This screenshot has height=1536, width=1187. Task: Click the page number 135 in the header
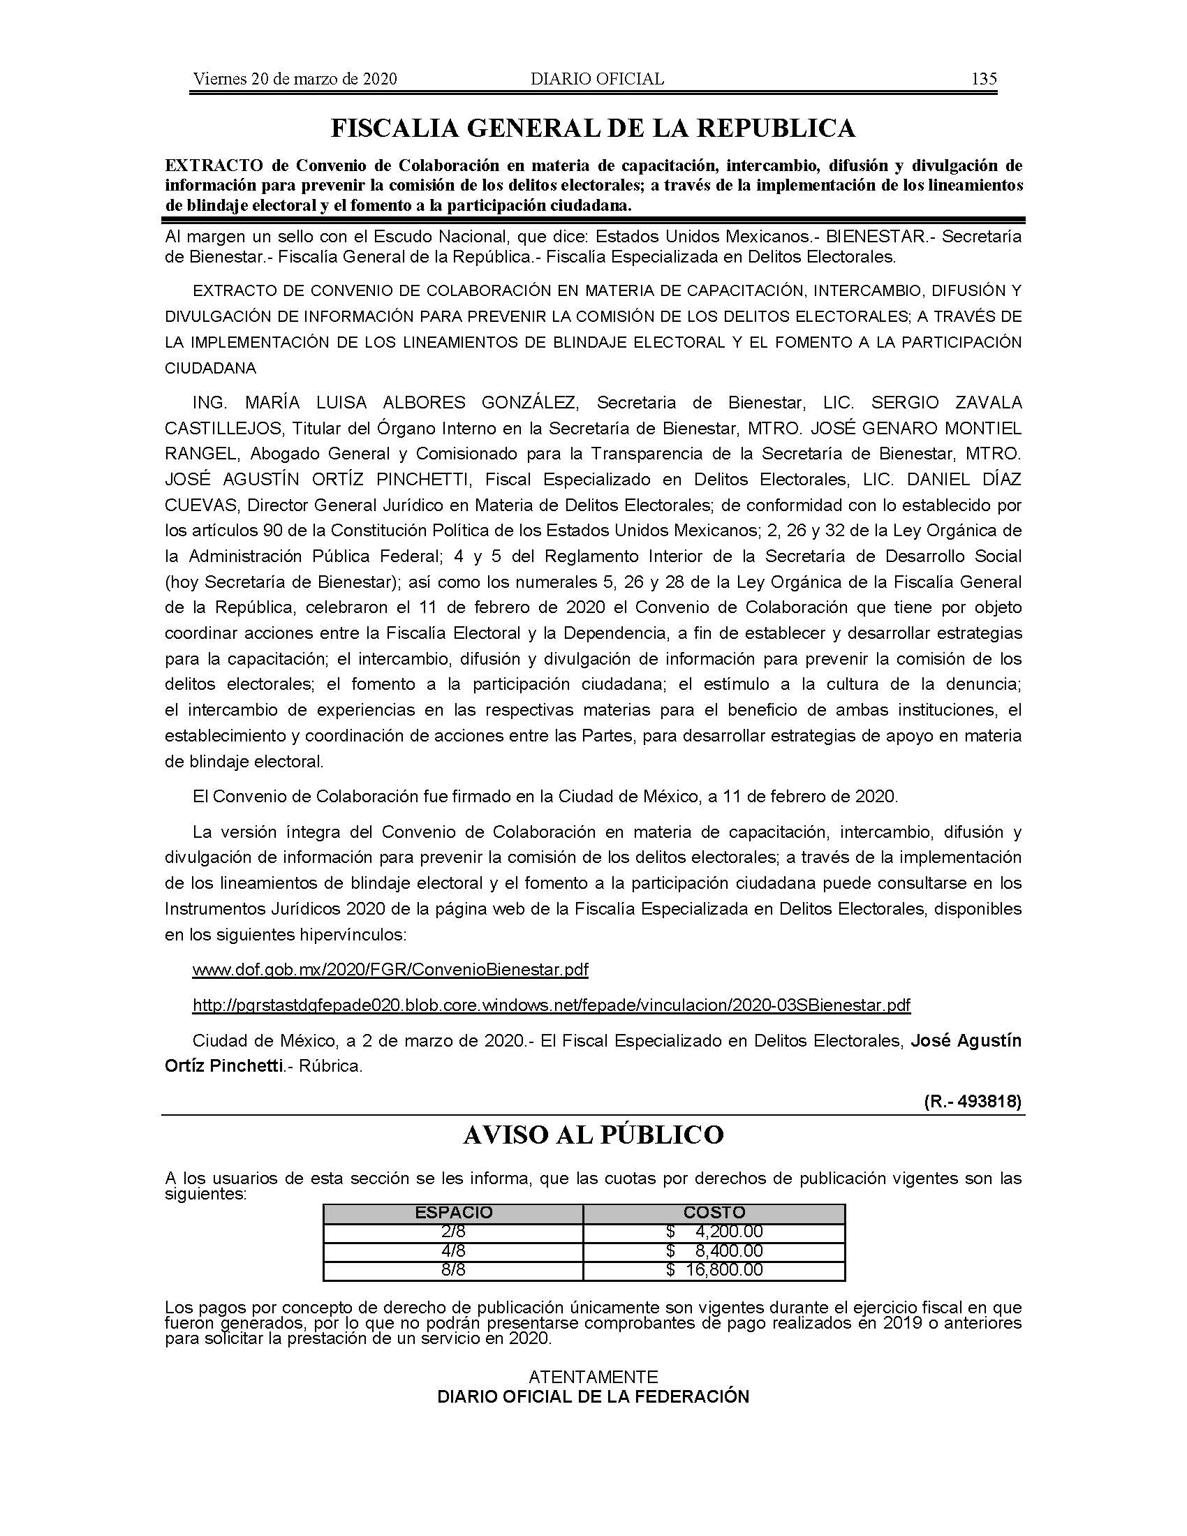point(984,79)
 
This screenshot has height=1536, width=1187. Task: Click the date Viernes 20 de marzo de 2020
point(295,79)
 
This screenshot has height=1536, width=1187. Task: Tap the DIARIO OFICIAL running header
point(597,79)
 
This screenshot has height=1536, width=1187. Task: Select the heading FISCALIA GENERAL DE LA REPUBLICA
point(593,128)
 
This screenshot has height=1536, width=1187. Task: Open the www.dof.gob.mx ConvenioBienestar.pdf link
point(390,970)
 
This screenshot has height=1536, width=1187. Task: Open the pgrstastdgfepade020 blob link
point(552,1005)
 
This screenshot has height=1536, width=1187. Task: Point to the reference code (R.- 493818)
point(973,1101)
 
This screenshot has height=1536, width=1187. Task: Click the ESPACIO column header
point(454,1213)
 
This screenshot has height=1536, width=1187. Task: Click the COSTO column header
point(714,1213)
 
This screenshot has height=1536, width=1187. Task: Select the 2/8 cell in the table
point(454,1232)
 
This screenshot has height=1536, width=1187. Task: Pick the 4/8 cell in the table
point(454,1250)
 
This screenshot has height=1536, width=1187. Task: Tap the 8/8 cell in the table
point(454,1269)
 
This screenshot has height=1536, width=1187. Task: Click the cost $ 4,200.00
point(714,1232)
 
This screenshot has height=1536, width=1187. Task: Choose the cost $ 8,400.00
point(714,1250)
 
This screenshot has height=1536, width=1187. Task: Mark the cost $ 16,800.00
point(714,1269)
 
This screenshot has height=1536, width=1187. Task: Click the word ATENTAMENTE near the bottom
point(593,1376)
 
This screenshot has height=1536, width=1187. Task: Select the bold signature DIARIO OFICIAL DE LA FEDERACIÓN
point(593,1397)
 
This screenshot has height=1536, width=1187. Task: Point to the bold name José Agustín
point(966,1040)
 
